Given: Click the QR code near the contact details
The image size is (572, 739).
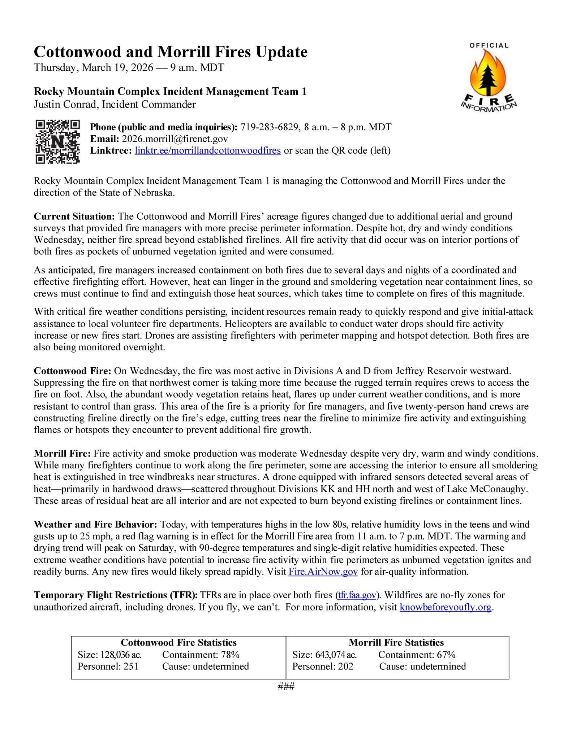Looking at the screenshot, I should (x=57, y=141).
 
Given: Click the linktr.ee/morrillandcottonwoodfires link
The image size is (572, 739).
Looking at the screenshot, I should (x=208, y=150).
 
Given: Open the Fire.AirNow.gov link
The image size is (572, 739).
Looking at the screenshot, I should (x=323, y=572).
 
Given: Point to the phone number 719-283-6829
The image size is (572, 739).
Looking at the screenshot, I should (x=270, y=127).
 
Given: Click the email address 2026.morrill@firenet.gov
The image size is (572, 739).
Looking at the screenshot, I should (x=175, y=139).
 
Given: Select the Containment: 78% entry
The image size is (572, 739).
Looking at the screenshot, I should (x=201, y=655).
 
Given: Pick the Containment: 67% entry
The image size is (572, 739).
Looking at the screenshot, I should (x=417, y=655).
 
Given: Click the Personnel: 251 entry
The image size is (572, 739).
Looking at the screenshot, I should (x=108, y=666).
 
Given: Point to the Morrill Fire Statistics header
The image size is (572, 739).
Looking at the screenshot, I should (x=396, y=643).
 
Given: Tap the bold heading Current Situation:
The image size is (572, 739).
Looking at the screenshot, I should (x=74, y=217).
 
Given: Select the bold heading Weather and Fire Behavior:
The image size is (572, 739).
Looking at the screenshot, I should (x=95, y=524).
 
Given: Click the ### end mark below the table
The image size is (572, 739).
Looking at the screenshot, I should (x=286, y=686).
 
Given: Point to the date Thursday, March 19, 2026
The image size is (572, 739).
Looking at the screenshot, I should (x=93, y=67).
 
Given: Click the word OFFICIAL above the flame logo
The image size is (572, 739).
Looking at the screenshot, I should (x=489, y=45).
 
